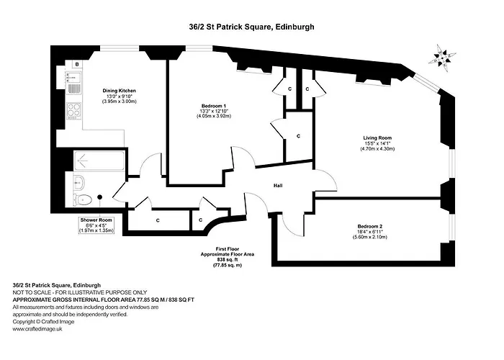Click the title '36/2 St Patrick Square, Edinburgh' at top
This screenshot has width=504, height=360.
pos(251,27)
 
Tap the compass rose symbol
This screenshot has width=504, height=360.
pos(443,58)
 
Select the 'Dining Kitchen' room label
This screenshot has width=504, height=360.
pos(119,91)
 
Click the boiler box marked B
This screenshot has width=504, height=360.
pos(77,64)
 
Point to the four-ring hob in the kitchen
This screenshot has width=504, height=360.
pos(74,110)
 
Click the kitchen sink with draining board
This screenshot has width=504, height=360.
pos(73,83)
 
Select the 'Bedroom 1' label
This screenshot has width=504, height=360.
pos(214,106)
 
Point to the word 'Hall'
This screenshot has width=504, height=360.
pos(278,186)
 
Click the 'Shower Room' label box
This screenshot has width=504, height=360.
pos(96,225)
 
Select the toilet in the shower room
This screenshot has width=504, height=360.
pos(82,200)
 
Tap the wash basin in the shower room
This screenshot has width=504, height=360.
pos(79,183)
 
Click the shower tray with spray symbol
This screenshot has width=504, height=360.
pos(99,161)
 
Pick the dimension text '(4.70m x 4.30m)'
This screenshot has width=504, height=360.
pos(377,149)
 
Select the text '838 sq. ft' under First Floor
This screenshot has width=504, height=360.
pos(228,260)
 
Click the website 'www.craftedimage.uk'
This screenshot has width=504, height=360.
pos(37,329)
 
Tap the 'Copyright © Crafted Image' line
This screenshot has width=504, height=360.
pos(43,322)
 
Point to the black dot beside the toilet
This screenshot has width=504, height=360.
pos(99,197)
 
